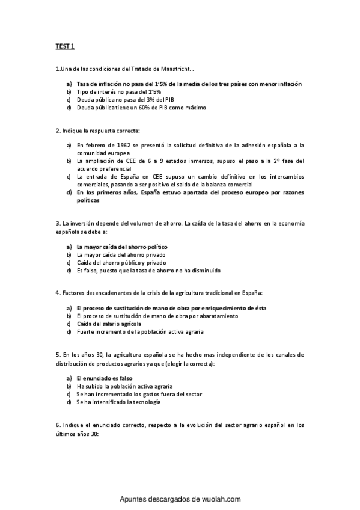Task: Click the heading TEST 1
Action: click(x=58, y=46)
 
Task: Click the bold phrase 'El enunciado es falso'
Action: click(x=100, y=378)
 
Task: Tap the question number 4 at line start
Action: click(x=56, y=293)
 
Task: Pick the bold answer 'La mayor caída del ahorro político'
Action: click(x=121, y=247)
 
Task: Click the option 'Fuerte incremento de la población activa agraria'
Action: click(x=140, y=331)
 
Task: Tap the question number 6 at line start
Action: click(x=56, y=425)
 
